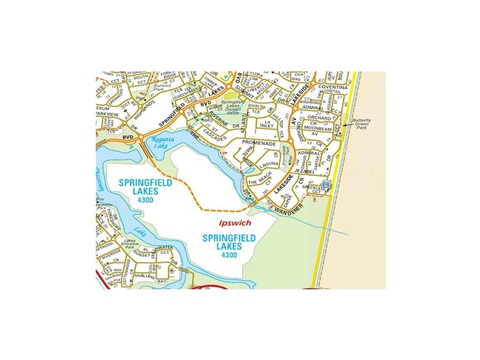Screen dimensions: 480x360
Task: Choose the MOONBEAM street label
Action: click(318, 128)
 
